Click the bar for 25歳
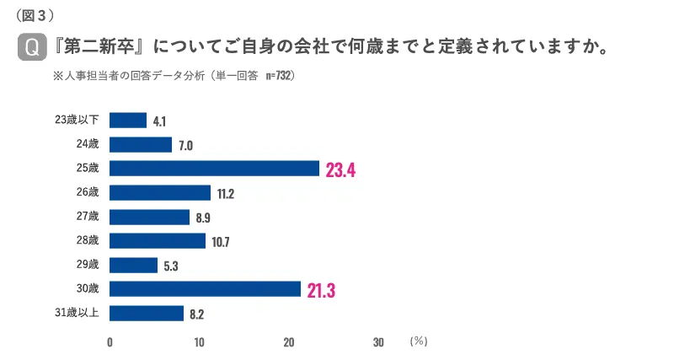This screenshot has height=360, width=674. [215, 169]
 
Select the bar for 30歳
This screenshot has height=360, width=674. [206, 289]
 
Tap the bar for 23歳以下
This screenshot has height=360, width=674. [128, 121]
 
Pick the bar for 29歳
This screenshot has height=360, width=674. [134, 266]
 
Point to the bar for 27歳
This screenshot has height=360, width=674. [150, 218]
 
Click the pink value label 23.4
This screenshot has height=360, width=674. [340, 170]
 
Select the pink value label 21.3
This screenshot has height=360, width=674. [321, 291]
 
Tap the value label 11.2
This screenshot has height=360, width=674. [225, 194]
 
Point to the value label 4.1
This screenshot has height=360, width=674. [159, 121]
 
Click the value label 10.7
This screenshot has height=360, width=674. [221, 242]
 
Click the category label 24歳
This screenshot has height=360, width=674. [88, 145]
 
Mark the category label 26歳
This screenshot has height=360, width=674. [88, 193]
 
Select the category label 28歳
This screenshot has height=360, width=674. [88, 241]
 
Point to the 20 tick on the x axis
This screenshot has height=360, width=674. [289, 342]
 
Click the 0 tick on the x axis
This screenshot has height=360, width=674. [110, 342]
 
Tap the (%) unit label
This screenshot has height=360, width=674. [419, 341]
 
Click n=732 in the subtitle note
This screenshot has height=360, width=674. [279, 75]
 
